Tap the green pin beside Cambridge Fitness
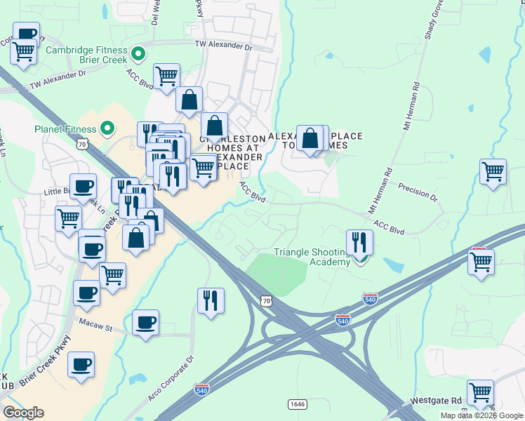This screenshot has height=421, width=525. click(138, 52)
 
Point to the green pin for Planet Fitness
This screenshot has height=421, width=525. click(107, 128)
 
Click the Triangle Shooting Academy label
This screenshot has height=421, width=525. click(312, 257)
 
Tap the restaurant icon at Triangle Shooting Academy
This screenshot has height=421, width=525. click(359, 243)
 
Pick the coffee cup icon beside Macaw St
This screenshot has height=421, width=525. click(145, 323)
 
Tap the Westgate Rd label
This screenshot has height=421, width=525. click(447, 401)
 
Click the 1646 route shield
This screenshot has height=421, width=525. click(297, 404)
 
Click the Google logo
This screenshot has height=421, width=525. click(23, 413)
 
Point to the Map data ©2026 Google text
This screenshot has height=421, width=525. click(481, 415)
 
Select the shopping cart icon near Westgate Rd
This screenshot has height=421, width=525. click(481, 393)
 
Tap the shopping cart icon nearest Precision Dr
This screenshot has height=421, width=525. click(493, 171)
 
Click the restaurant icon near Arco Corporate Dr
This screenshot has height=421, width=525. click(211, 300)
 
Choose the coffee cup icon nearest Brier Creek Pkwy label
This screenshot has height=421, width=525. click(81, 365)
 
